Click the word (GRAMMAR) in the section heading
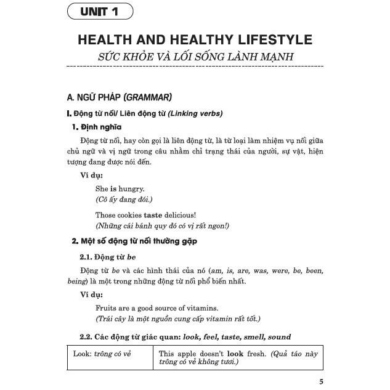point(148,97)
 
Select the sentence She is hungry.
point(120,189)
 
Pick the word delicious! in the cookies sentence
point(183,215)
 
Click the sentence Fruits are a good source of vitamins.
point(157,307)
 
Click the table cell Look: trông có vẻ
point(102,354)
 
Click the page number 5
point(321,381)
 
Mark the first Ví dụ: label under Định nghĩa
point(92,176)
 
